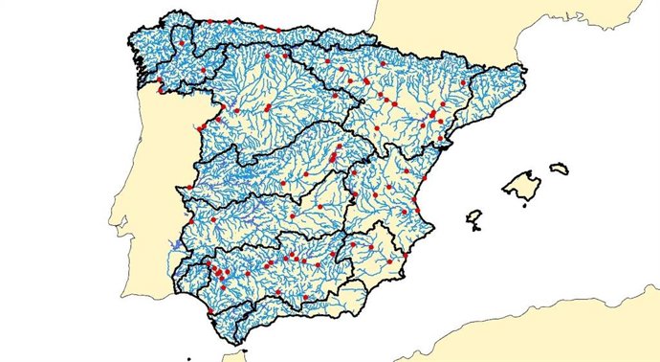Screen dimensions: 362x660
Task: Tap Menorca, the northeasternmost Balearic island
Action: pos(559,169)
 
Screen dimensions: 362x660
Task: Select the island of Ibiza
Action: pos(473,217)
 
